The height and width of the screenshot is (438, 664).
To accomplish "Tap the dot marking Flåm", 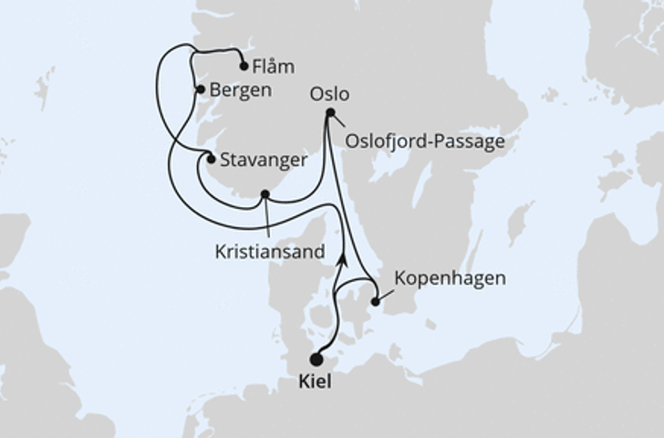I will pos(244,66).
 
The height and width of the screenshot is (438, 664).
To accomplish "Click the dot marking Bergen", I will pos(201,89).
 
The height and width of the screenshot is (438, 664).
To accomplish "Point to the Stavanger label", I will pos(263,161).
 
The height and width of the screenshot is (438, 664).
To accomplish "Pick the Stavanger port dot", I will pos(211,160).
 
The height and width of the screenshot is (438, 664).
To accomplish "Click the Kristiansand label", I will pos(269,252).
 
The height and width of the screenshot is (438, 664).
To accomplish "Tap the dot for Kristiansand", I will pos(265,194).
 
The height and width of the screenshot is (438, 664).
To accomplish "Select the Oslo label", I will pos(329,94).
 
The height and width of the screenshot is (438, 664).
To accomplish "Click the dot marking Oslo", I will pos(330,113).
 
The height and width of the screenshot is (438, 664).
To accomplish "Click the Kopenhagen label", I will pos(450,278).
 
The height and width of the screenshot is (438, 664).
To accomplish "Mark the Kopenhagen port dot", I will pos(375,301).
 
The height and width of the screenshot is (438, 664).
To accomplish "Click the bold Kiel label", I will pos(316,382).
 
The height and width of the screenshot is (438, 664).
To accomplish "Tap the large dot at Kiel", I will pos(316,360).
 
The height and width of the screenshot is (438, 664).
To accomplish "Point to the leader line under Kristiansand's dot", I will pos(266,219).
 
